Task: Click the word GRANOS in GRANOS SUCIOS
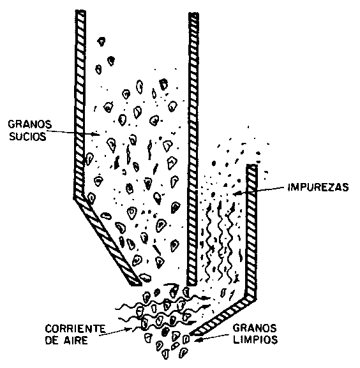pos(30,124)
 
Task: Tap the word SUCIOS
pos(27,136)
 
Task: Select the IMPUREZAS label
pos(319,187)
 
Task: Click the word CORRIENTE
pos(75,328)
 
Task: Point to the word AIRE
pos(76,341)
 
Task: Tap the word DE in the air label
pos(52,341)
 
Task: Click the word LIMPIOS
pos(255,339)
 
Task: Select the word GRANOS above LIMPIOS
pos(255,328)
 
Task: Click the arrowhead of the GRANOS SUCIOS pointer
pos(96,134)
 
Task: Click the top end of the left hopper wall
pos(80,11)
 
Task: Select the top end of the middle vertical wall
pos(194,13)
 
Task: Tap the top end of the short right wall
pos(251,165)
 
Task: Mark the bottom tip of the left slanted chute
pos(137,284)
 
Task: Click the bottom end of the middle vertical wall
pos(192,284)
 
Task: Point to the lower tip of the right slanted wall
pos(191,334)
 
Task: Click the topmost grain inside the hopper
pos(101,41)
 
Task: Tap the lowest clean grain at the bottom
pos(166,355)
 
